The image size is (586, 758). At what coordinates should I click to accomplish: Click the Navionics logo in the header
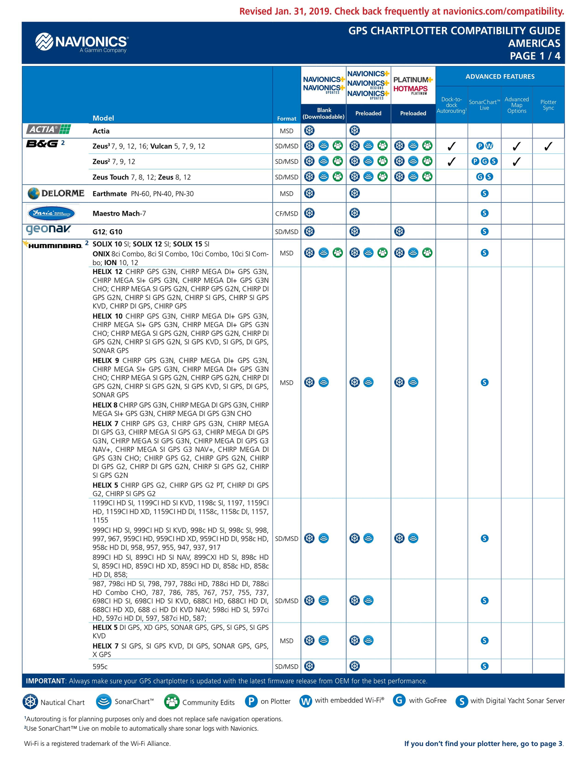82,43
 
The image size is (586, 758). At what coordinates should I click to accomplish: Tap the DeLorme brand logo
56,193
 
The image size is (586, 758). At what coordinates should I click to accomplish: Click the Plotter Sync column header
548,105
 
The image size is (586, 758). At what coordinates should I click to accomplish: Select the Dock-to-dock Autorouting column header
451,105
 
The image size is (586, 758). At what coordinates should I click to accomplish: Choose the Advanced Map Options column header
516,105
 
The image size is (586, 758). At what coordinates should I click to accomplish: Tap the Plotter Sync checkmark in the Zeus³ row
548,146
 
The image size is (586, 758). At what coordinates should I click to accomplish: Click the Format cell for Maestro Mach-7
286,213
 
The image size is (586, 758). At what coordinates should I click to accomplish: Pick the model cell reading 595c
100,667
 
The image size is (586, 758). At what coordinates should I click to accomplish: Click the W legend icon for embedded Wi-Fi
306,701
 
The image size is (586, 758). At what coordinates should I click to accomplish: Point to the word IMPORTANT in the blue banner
45,681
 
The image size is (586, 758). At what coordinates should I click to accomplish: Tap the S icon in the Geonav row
484,231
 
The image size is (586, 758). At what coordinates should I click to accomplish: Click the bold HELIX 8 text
105,405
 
